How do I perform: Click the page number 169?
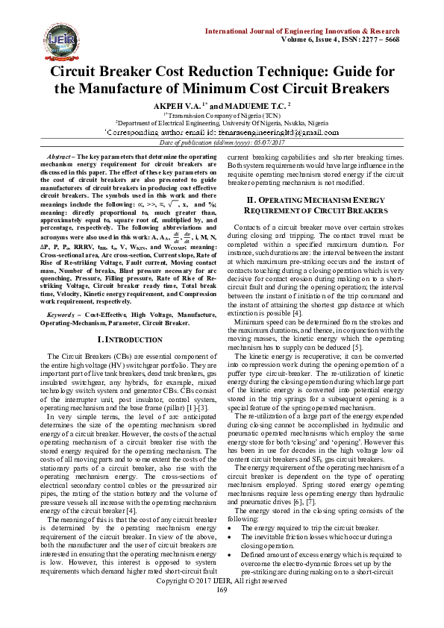pyautogui.click(x=222, y=611)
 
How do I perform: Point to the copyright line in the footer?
pyautogui.click(x=222, y=601)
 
